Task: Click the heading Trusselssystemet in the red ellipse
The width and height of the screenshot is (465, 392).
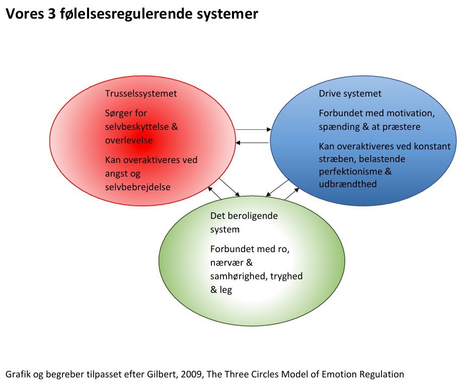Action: click(x=141, y=94)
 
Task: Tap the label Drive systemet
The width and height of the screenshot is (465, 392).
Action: click(x=350, y=94)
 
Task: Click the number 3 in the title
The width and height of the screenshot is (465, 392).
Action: click(x=52, y=14)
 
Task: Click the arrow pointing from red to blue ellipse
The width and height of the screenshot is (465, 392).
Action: click(x=253, y=130)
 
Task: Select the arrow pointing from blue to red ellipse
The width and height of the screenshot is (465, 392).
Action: click(x=252, y=143)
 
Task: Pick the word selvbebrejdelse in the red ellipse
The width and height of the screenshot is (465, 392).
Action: click(x=137, y=187)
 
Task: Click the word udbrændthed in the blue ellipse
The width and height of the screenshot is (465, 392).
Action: click(x=348, y=184)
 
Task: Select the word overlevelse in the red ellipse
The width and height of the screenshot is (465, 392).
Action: click(x=129, y=140)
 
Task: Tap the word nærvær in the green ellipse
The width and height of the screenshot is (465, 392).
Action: click(x=227, y=263)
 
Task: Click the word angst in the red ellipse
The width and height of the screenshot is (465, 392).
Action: click(x=117, y=174)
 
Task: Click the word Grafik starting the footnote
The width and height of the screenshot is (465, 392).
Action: click(x=18, y=374)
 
